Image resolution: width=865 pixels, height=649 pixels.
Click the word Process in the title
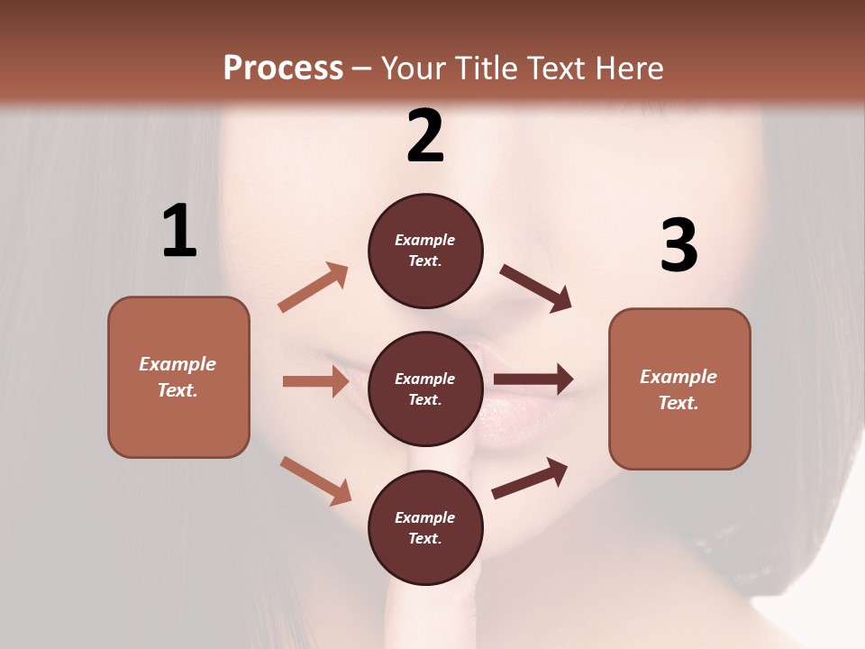[283, 68]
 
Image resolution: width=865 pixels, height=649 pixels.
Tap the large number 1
[179, 232]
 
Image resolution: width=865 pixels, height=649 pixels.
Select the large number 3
[678, 245]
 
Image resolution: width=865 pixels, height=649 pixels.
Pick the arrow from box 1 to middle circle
[315, 381]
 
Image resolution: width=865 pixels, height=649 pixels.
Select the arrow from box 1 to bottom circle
[315, 480]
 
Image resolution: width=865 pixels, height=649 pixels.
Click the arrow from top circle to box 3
[536, 288]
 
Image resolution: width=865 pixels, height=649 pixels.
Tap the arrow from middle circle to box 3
[533, 379]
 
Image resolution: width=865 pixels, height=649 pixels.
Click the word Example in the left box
[178, 364]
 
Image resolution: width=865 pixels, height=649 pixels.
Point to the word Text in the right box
[678, 403]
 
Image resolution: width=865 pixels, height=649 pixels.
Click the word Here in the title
[629, 68]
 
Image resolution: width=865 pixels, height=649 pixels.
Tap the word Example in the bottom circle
[425, 517]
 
